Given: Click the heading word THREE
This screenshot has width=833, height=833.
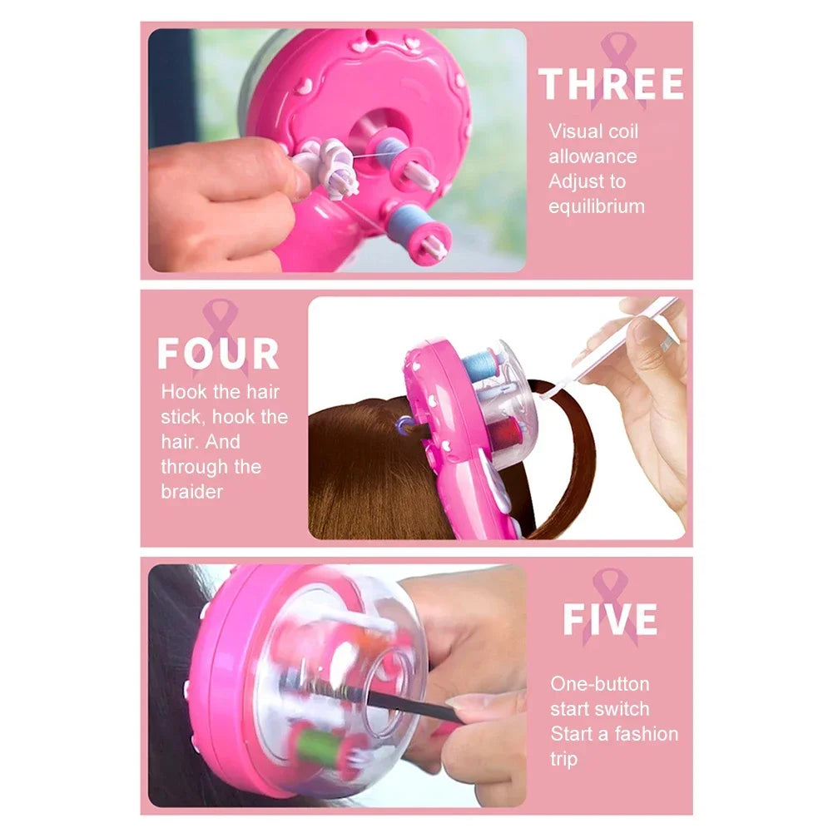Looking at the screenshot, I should (612, 85).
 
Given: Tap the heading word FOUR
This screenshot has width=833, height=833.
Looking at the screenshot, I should (218, 354).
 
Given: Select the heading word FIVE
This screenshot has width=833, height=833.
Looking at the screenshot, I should (610, 620).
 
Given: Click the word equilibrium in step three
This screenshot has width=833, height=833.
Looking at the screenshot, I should (596, 206).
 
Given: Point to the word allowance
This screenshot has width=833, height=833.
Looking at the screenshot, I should (592, 156).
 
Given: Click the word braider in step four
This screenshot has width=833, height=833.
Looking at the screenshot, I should (191, 491).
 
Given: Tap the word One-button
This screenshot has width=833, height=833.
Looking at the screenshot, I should (599, 684).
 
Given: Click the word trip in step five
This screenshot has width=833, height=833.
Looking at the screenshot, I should (563, 759).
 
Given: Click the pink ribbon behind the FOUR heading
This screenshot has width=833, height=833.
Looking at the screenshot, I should (220, 320).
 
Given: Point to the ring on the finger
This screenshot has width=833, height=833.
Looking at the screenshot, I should (667, 343).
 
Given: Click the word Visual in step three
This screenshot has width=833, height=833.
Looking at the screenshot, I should (575, 131).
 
